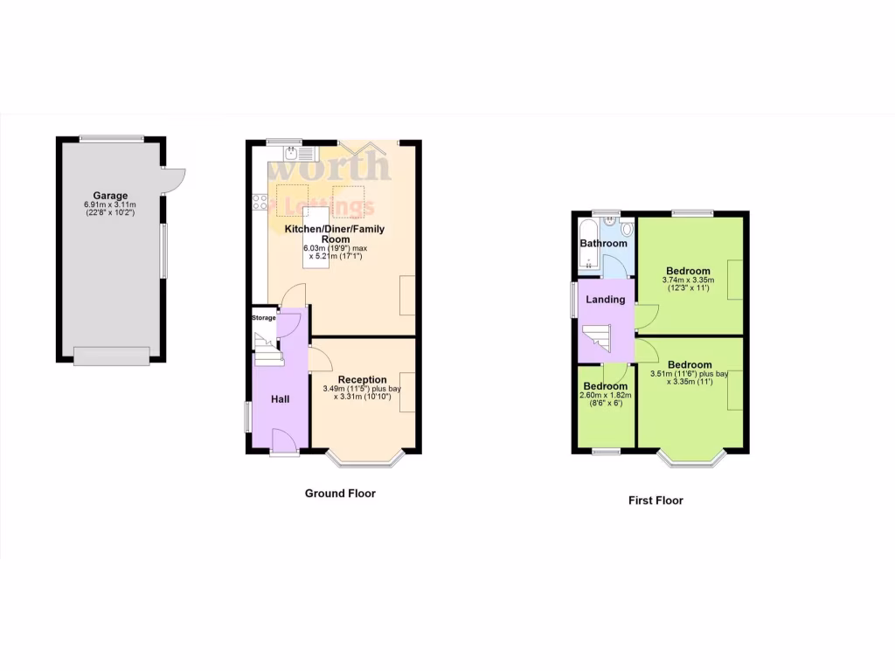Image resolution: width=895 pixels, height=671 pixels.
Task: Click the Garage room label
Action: (111, 196)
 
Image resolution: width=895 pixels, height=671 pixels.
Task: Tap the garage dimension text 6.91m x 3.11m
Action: (111, 204)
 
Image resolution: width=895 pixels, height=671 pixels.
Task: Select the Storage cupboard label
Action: (264, 318)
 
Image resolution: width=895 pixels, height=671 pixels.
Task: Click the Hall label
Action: (280, 399)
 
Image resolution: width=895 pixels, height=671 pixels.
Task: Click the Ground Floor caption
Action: (340, 494)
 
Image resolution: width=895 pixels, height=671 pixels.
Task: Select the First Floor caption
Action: (656, 501)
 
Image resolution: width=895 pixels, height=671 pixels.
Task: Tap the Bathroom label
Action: (605, 243)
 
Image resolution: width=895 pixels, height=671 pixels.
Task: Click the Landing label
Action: (606, 300)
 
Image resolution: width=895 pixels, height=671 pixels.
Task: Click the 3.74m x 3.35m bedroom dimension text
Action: (689, 280)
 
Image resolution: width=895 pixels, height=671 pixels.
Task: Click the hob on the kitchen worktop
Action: (259, 204)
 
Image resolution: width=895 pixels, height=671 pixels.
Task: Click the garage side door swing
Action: (172, 178)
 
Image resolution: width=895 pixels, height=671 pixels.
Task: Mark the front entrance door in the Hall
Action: (284, 442)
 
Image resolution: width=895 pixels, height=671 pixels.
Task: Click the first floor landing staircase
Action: (597, 341)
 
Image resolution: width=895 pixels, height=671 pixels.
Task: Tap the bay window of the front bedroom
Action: (690, 458)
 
